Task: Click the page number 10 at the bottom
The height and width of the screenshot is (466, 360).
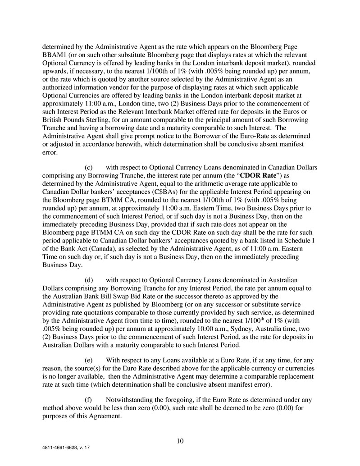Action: click(180, 441)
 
